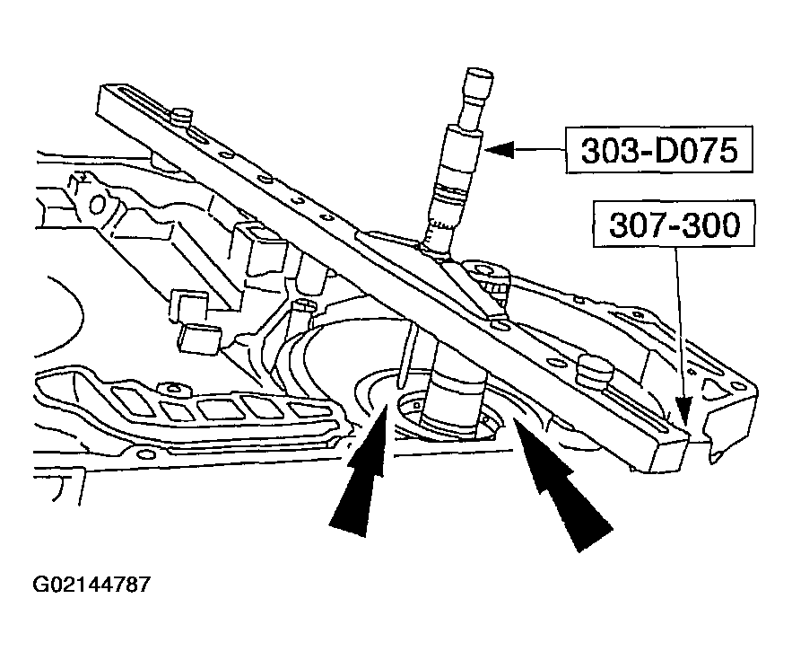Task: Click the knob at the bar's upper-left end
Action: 183,117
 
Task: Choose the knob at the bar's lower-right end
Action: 594,368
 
